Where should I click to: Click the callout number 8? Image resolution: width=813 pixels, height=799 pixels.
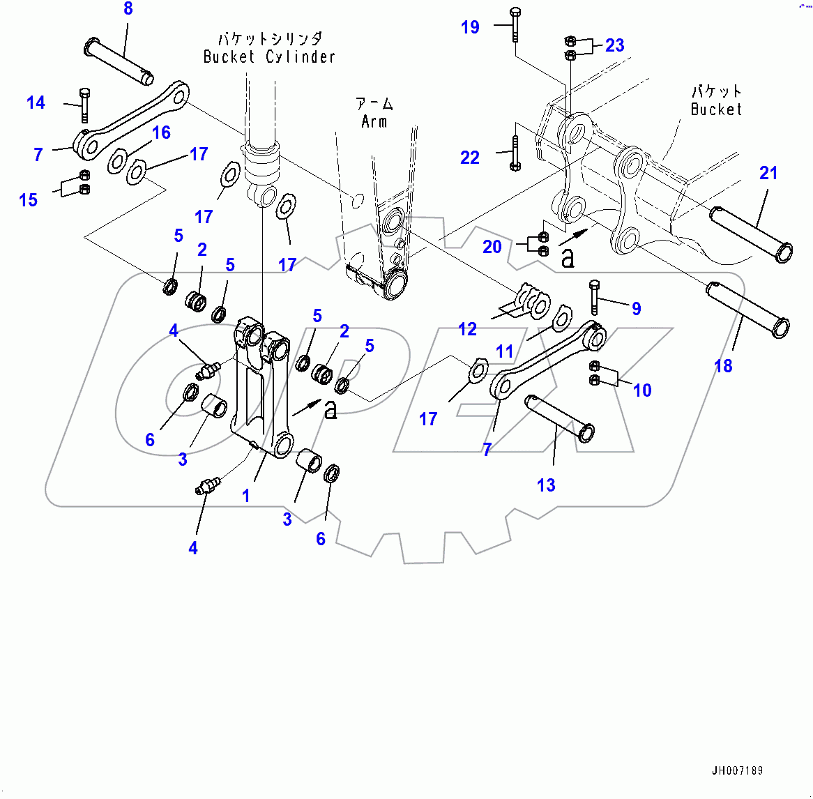click(x=128, y=9)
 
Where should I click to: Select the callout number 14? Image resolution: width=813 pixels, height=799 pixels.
click(x=36, y=103)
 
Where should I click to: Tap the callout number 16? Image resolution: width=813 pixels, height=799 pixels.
click(x=161, y=132)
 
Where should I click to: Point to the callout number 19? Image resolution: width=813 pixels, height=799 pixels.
click(x=470, y=27)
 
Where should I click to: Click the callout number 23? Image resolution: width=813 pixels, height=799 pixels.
click(x=614, y=45)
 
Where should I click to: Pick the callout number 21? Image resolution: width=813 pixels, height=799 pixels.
click(x=768, y=173)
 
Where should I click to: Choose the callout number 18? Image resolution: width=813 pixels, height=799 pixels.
click(x=723, y=365)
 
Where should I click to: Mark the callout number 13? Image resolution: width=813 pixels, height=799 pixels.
click(x=546, y=485)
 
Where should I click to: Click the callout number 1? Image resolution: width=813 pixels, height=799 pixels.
click(x=245, y=496)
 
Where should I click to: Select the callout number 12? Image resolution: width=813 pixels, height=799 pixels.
click(x=467, y=329)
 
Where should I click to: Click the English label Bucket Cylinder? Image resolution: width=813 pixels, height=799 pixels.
click(x=269, y=57)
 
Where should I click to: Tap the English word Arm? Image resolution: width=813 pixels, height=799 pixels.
click(x=374, y=122)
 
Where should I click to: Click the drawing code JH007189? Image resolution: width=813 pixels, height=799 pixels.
click(x=737, y=770)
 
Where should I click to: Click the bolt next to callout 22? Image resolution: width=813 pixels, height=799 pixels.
click(x=514, y=153)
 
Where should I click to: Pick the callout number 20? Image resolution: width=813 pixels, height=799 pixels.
click(x=492, y=247)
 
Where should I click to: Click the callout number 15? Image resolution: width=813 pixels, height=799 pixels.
click(x=28, y=200)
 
